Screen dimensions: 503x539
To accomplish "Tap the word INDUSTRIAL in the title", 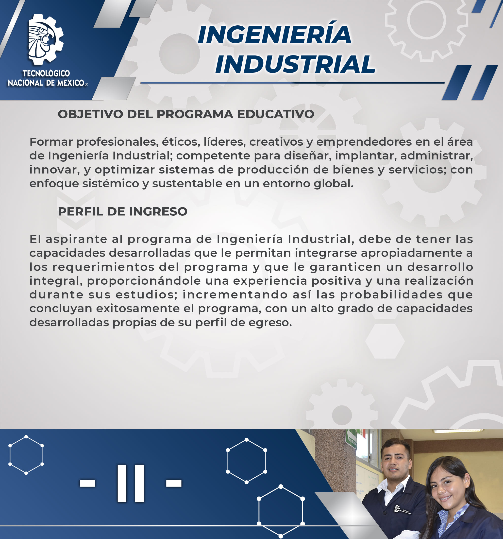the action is [295, 64].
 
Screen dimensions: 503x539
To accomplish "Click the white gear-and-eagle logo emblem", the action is [46, 39].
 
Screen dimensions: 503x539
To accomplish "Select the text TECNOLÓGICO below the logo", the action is [46, 73].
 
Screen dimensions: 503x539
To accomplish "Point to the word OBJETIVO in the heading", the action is [91, 114].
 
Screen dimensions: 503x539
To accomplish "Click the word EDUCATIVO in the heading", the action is [276, 114].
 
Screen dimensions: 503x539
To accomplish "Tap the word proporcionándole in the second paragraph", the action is [144, 281].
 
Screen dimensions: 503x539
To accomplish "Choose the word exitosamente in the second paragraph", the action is [138, 309].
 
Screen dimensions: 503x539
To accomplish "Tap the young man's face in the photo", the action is [396, 461].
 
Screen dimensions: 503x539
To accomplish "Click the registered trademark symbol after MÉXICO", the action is [86, 84].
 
